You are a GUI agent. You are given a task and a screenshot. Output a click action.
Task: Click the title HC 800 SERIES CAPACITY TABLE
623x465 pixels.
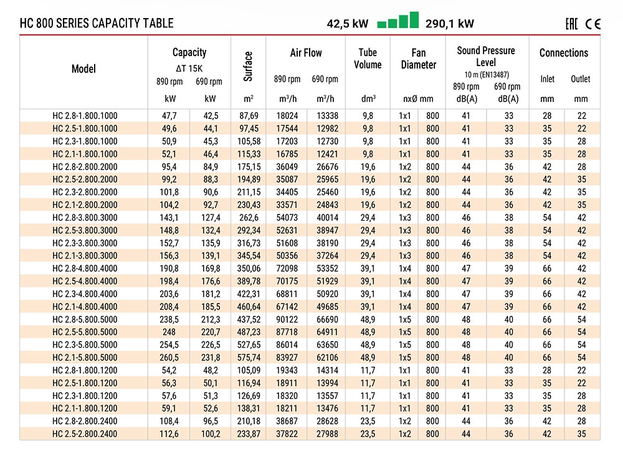point(97,23)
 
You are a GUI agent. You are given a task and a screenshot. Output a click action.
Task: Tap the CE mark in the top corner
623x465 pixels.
point(593,24)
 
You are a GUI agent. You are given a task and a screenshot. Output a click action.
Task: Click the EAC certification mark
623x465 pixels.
point(571,24)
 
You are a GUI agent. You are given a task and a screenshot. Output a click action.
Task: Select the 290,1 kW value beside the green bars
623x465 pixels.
point(449,24)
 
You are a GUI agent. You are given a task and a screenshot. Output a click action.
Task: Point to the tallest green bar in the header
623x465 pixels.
point(414,20)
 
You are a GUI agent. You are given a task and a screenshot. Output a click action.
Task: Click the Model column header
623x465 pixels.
point(83,69)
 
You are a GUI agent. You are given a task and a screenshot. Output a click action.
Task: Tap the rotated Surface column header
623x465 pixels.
point(248,66)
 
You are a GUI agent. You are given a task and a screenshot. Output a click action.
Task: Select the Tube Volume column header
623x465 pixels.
point(368,59)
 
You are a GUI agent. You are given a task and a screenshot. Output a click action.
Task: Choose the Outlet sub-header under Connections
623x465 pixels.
point(581,79)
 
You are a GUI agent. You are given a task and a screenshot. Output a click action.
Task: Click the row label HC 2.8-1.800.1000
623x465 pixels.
point(85,116)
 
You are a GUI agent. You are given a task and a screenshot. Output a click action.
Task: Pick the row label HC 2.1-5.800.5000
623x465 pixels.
point(85,357)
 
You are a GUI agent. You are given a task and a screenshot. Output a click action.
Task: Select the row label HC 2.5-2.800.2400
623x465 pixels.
point(85,434)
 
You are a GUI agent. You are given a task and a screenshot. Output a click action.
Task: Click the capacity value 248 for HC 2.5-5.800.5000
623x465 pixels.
point(169,332)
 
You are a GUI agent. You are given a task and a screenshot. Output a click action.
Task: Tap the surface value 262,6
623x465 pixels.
point(249,218)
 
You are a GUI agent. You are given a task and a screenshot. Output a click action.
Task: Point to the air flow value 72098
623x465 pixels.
point(287,268)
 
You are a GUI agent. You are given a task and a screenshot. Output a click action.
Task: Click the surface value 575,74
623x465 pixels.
point(249,357)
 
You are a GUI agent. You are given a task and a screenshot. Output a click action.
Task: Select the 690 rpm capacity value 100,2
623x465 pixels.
point(211,434)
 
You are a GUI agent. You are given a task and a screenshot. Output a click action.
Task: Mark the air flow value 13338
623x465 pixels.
point(328,116)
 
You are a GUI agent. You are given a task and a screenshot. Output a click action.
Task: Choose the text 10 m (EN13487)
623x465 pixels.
point(487,75)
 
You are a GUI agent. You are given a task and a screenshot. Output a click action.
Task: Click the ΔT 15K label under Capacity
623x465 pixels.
point(189,69)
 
